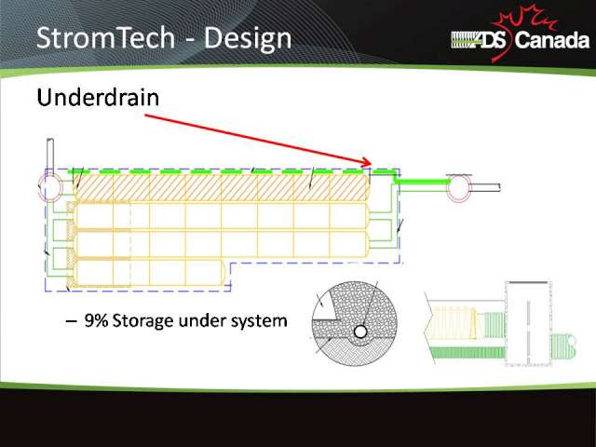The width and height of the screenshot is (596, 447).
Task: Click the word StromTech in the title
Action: tap(105, 37)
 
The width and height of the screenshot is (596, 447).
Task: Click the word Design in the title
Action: tap(248, 39)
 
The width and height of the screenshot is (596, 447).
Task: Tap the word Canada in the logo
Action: tap(552, 40)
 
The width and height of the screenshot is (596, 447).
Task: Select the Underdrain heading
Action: tap(98, 97)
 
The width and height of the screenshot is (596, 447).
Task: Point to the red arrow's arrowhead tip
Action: tap(372, 164)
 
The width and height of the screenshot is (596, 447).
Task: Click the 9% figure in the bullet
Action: tap(96, 320)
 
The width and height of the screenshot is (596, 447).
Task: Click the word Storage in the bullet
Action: tap(142, 321)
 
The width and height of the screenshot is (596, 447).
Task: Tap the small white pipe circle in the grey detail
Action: tap(360, 332)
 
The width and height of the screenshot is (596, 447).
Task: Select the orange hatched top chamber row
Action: tap(221, 187)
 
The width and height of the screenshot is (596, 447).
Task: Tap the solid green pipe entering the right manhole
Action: tap(423, 182)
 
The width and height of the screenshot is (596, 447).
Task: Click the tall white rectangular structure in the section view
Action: tap(528, 323)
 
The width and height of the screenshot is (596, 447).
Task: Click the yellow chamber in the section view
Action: tap(452, 323)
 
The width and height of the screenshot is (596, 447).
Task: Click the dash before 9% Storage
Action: tap(71, 321)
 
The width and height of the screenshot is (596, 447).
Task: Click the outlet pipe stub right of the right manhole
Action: tap(485, 187)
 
